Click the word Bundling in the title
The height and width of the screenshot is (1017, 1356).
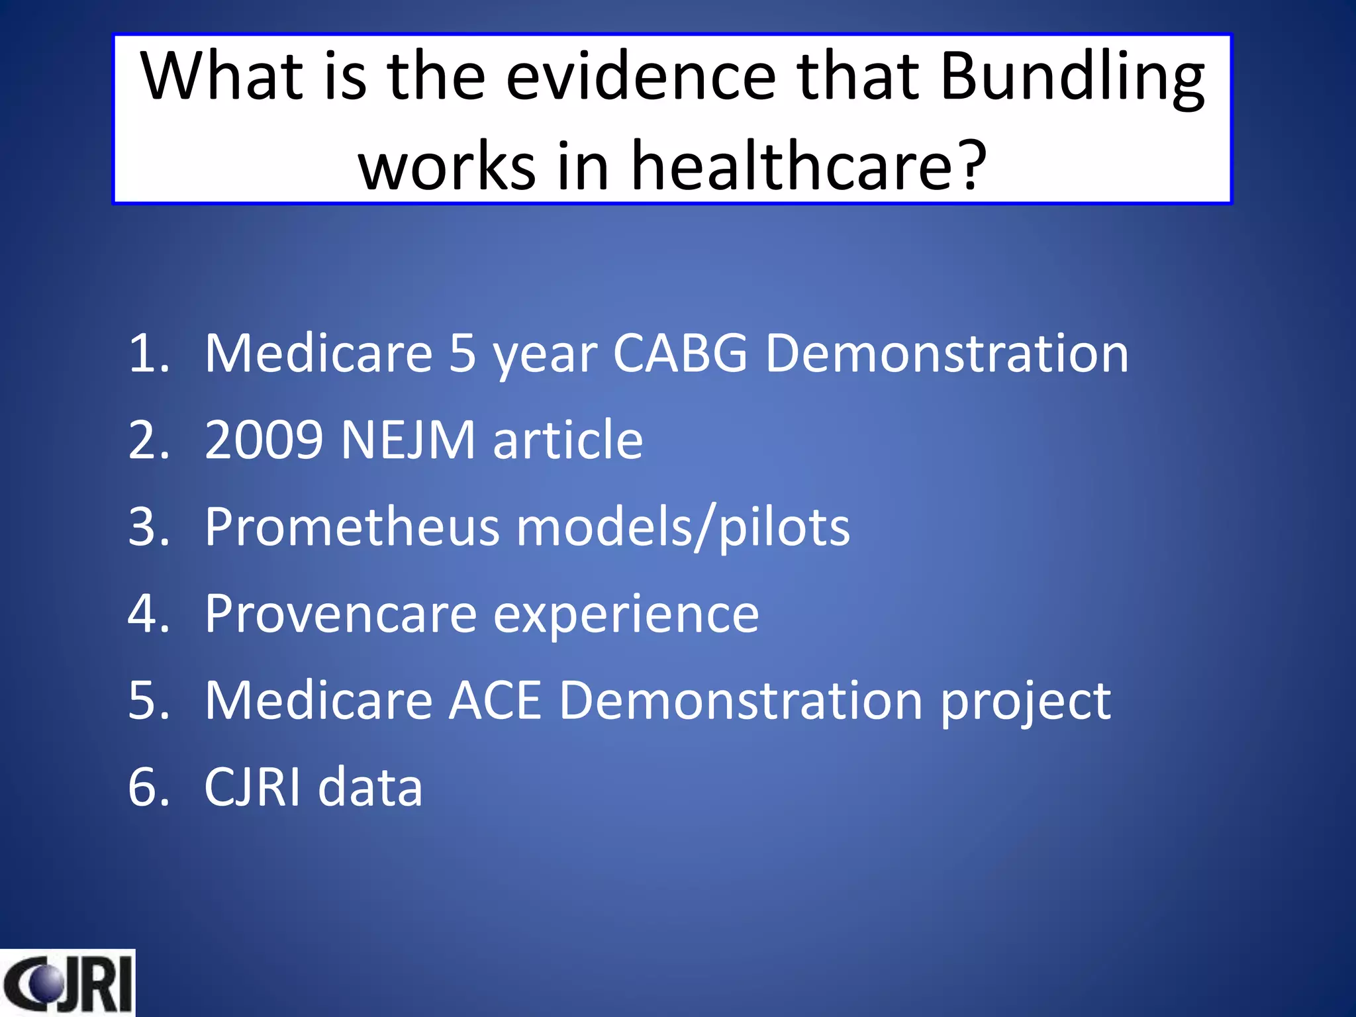(x=1071, y=78)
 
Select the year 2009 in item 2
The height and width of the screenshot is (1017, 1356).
(x=264, y=440)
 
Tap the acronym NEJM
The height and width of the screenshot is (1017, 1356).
(x=408, y=440)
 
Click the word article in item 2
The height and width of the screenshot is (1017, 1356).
(x=567, y=440)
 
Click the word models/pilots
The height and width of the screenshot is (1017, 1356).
(x=683, y=528)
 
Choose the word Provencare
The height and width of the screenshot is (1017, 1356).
(x=340, y=614)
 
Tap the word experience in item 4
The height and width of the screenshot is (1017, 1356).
(x=626, y=615)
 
